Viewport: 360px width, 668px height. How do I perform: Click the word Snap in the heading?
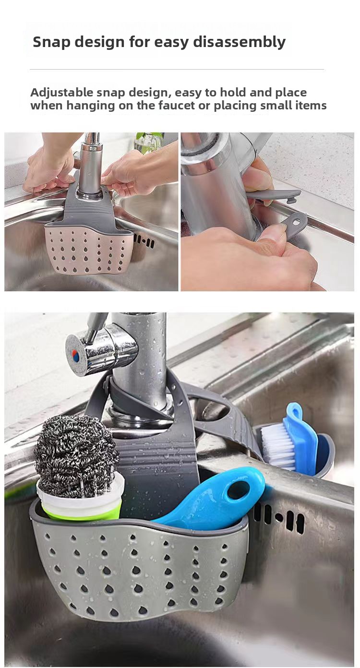tap(51, 42)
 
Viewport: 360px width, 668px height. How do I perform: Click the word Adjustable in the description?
tap(61, 93)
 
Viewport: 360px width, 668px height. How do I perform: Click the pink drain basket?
tap(89, 249)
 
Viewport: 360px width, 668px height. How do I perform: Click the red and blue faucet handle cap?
tap(76, 356)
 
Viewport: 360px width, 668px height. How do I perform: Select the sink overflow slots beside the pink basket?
tap(144, 241)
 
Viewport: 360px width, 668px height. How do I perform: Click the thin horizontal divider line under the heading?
tap(177, 69)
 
